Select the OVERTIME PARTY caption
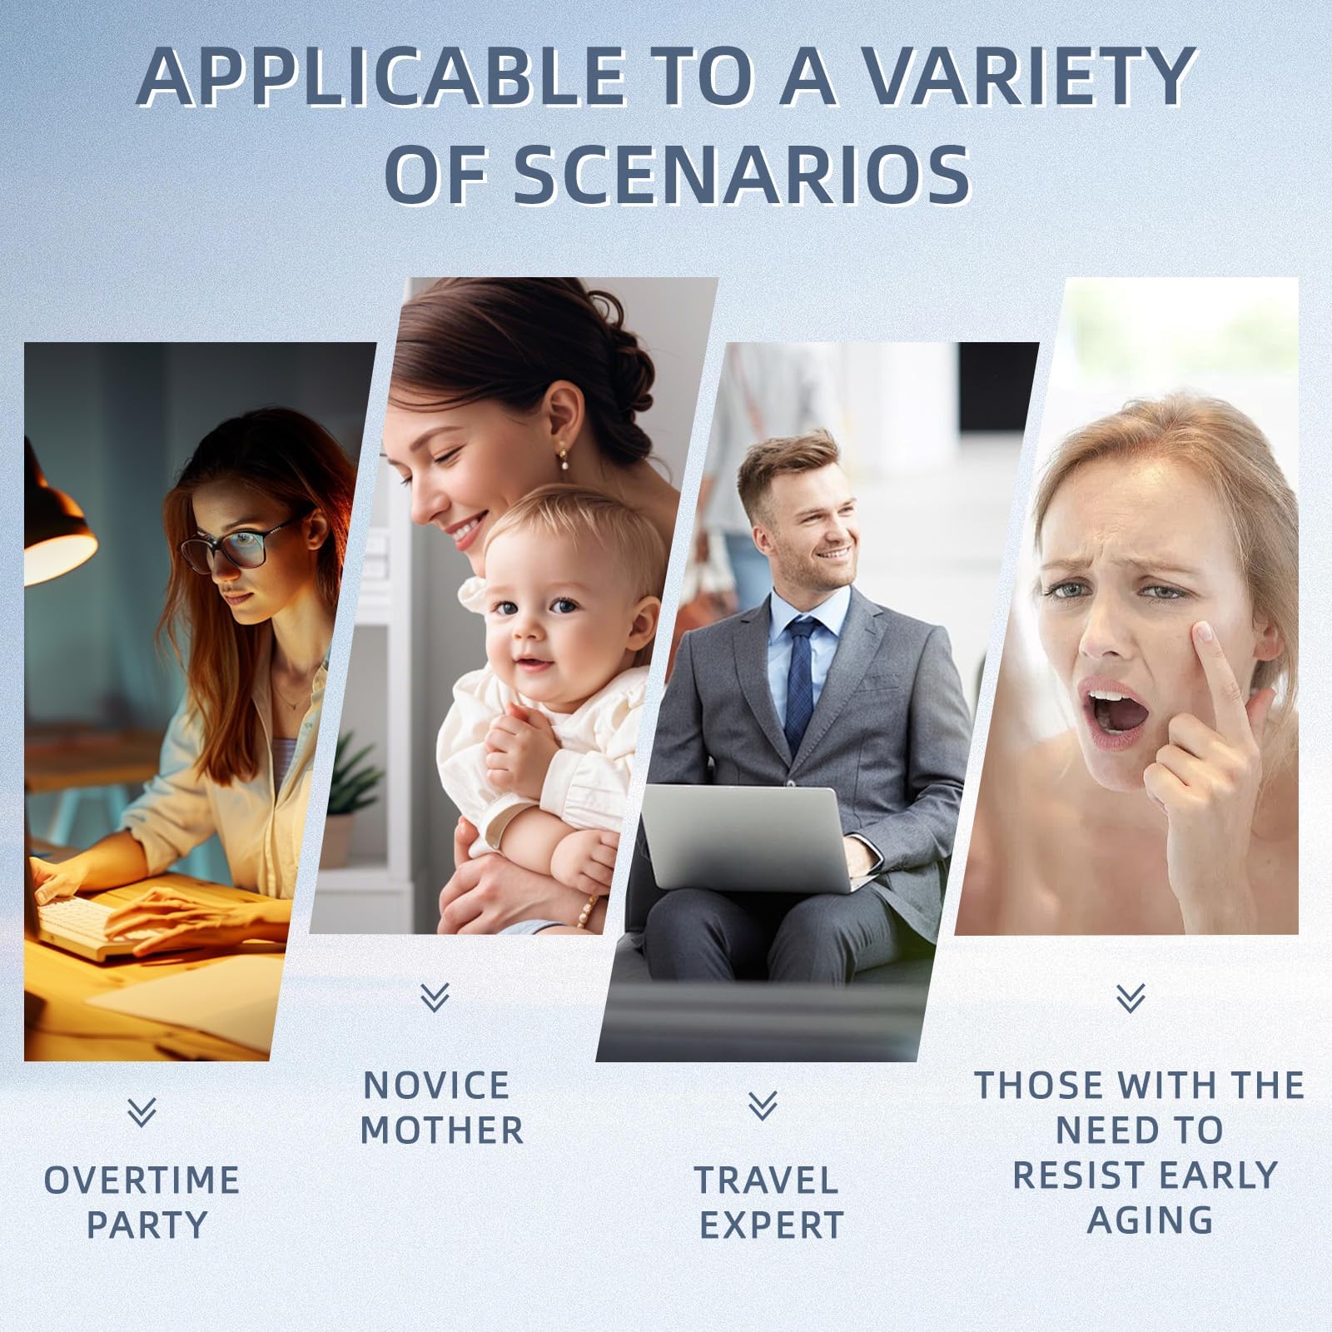(142, 1203)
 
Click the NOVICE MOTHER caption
(442, 1108)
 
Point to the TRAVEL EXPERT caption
(769, 1203)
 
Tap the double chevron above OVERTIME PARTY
(142, 1112)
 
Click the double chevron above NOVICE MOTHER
(435, 997)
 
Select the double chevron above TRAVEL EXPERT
(763, 1105)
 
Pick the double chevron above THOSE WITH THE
(1131, 997)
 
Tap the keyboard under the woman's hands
(92, 924)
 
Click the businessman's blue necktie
(799, 683)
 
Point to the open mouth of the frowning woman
(1110, 712)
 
